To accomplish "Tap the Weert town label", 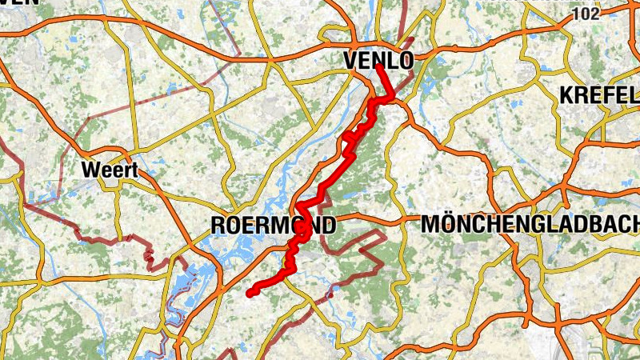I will pos(110,170).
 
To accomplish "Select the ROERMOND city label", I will pos(273,226).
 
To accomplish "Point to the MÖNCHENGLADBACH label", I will pos(530,225).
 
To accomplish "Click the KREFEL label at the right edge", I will pos(599,94).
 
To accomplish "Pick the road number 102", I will pos(586,14).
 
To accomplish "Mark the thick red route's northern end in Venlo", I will pos(378,67).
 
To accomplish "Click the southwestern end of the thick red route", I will pos(250,293).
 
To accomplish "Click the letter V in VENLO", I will pos(350,60).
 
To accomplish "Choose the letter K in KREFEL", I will pos(567,94).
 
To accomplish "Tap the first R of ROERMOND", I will pos(218,226).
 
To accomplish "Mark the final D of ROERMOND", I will pos(328,226).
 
